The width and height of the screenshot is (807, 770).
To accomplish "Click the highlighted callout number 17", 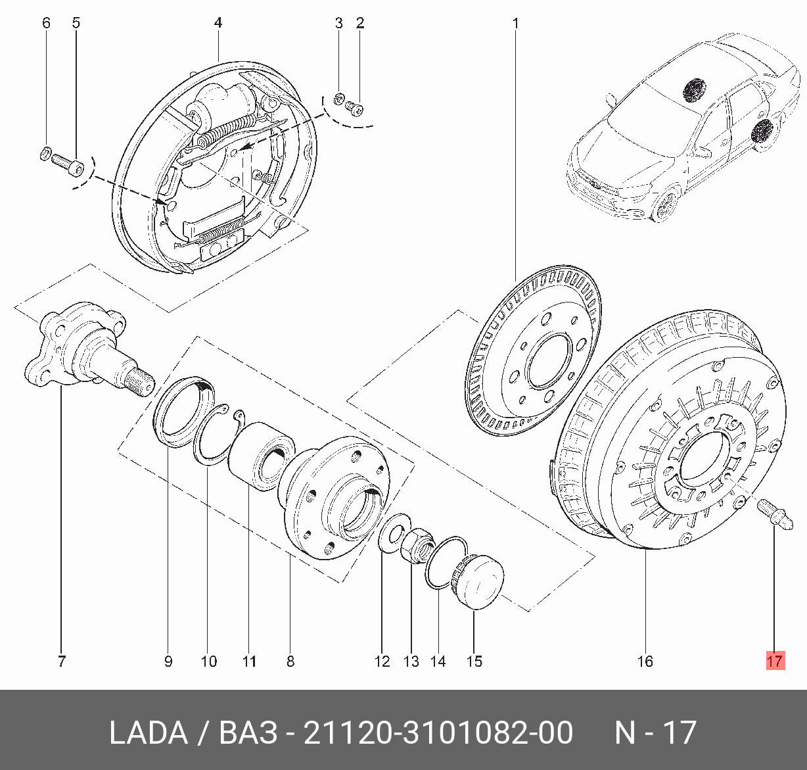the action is [x=775, y=660].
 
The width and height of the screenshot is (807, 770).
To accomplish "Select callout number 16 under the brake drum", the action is [x=645, y=661].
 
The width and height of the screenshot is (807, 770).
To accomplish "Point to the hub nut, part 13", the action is [x=416, y=544].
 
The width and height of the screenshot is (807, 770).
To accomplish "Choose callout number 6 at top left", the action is [x=46, y=24].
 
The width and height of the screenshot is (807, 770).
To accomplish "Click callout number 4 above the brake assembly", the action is [x=218, y=24].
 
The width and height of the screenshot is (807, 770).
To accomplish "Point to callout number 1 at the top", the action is [x=516, y=24].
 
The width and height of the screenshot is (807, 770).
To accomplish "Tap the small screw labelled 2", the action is [x=357, y=106].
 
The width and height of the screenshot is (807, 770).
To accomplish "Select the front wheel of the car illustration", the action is [x=666, y=205].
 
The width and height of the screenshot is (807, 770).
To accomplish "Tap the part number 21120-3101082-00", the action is [x=438, y=733].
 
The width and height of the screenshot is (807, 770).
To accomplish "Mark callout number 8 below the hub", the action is [x=290, y=661].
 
